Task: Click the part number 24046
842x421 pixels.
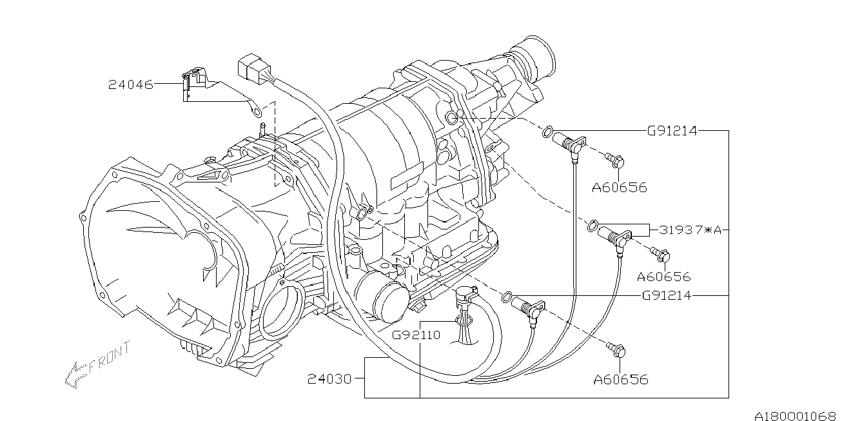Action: pyautogui.click(x=130, y=84)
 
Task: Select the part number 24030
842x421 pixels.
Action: pyautogui.click(x=329, y=378)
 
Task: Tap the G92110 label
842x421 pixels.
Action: pyautogui.click(x=416, y=335)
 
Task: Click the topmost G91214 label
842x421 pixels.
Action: pyautogui.click(x=672, y=131)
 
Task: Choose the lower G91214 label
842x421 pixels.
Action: pyautogui.click(x=667, y=295)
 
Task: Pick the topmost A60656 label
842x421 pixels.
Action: pyautogui.click(x=620, y=187)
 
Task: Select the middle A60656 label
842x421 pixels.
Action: pyautogui.click(x=664, y=277)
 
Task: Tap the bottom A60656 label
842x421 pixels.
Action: pyautogui.click(x=621, y=379)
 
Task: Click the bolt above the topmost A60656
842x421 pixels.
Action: pyautogui.click(x=615, y=161)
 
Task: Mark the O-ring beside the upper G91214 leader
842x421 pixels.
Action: pyautogui.click(x=547, y=132)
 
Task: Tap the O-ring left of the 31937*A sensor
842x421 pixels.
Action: pyautogui.click(x=592, y=226)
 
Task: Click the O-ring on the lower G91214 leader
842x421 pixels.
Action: pyautogui.click(x=507, y=297)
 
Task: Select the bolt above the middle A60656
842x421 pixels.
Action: pyautogui.click(x=660, y=255)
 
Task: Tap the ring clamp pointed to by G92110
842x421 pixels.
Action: pyautogui.click(x=464, y=320)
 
